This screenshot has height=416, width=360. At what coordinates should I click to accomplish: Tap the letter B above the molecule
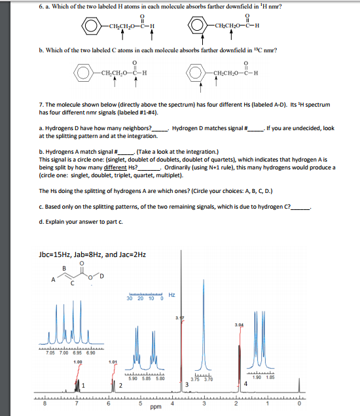pos(63,266)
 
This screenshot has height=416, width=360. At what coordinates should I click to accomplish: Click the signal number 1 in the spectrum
pos(84,385)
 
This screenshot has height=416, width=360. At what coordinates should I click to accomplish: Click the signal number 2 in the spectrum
pos(120,385)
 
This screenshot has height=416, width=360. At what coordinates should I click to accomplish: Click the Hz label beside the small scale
pos(171,295)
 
